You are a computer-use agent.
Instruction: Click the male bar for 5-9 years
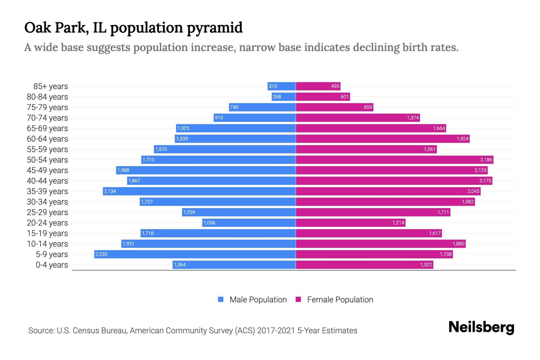pos(195,254)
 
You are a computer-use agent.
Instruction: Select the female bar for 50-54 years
pos(394,160)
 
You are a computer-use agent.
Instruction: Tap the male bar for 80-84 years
pos(284,97)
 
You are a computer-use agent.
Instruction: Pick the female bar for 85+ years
pos(318,86)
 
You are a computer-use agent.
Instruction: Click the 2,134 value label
pos(110,191)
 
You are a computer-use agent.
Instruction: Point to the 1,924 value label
pos(462,139)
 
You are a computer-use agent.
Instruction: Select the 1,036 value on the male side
pos(209,223)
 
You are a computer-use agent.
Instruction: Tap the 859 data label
pos(368,107)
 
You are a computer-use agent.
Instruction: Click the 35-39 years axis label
pos(47,191)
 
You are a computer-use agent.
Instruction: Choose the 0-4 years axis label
pos(52,265)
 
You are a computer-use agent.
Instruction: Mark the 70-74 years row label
pos(47,118)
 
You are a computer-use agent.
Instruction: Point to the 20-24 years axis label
pos(47,223)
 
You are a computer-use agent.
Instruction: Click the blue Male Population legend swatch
pos(221,299)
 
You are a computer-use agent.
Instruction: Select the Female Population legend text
pos(340,300)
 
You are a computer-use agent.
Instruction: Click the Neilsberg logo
pos(481,327)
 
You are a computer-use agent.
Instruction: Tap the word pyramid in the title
pos(215,28)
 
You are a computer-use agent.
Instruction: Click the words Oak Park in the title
pos(56,28)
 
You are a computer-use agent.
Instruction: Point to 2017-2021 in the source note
pos(276,331)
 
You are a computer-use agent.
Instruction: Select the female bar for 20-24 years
pos(350,223)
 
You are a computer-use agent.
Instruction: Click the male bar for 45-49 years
pos(206,170)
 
